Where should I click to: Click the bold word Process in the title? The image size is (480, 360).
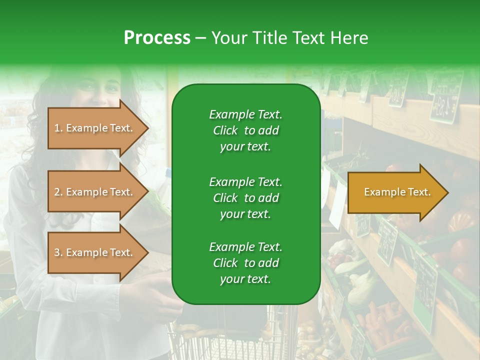(157, 37)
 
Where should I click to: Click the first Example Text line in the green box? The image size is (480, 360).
(245, 114)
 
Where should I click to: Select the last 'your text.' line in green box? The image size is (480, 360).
(245, 279)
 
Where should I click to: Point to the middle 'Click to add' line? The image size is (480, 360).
(245, 198)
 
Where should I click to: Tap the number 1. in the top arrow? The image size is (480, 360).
(58, 128)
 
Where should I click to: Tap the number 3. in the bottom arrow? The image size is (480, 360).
(58, 252)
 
